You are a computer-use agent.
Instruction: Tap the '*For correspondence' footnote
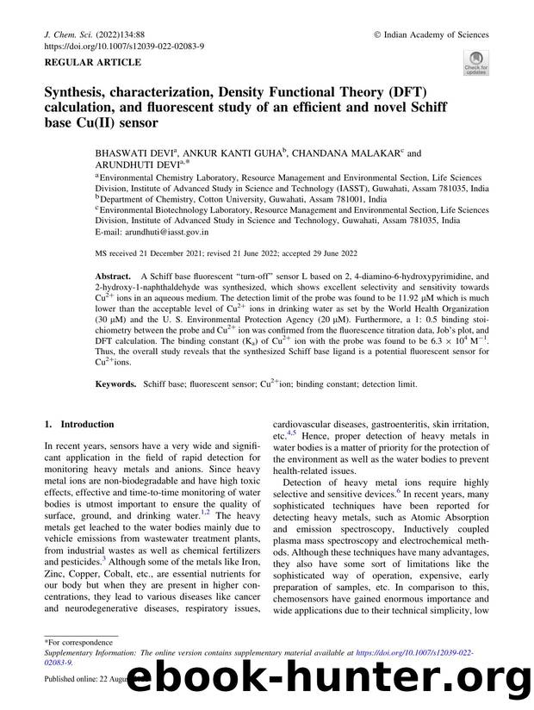coord(83,642)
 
